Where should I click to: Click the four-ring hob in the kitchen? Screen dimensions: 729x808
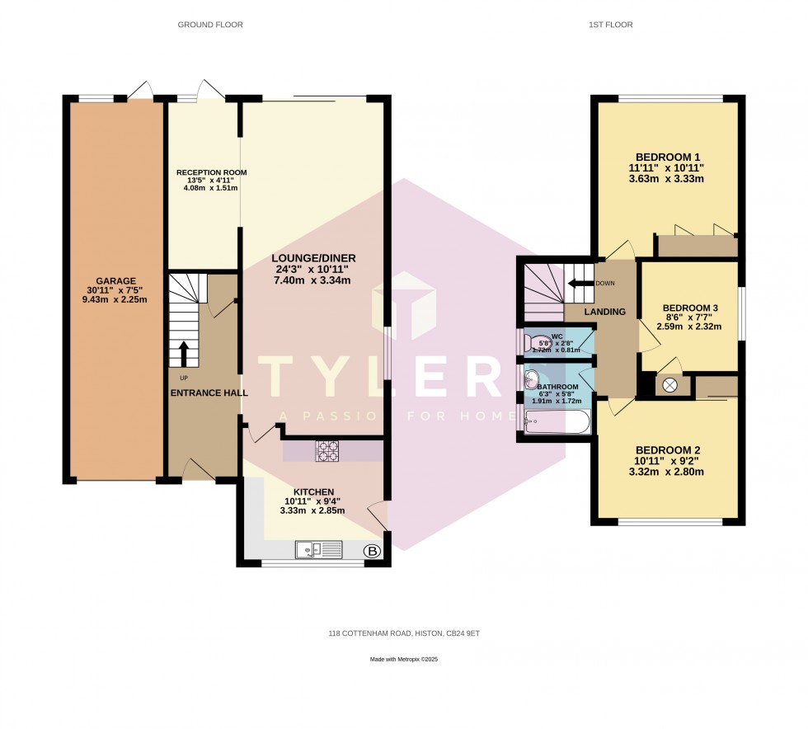[x=326, y=451]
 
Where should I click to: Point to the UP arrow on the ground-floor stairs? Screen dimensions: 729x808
[x=183, y=353]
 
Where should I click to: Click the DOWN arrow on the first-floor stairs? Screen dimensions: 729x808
[x=581, y=283]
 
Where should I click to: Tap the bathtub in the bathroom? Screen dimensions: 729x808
[x=558, y=423]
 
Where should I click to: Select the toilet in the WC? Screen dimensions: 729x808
[x=533, y=341]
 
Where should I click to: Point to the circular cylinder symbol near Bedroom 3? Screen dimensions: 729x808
[x=669, y=384]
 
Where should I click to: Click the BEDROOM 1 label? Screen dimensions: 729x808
[x=668, y=157]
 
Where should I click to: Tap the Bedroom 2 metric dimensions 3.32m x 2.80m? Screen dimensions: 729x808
[x=668, y=473]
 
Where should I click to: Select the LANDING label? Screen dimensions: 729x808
[x=605, y=312]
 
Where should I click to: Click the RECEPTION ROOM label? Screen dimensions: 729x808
[x=211, y=172]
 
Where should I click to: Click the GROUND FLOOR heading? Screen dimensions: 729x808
[x=210, y=25]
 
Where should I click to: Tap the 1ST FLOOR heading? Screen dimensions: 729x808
[x=610, y=25]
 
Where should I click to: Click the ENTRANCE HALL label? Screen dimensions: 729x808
[x=209, y=393]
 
